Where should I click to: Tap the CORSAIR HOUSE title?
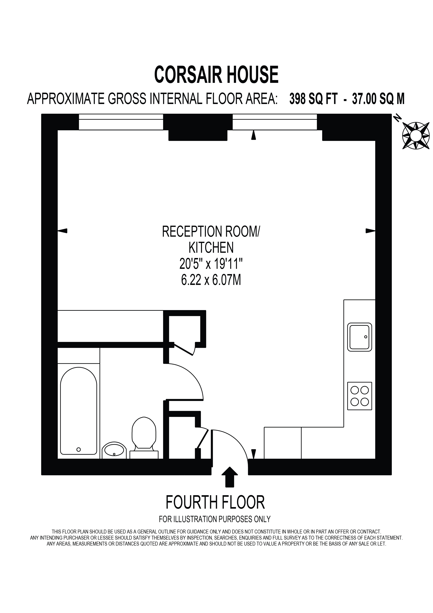click(216, 75)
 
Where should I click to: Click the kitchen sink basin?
click(359, 337)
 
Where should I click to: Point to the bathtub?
click(79, 411)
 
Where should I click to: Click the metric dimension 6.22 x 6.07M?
click(211, 280)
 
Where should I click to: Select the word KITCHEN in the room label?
click(211, 248)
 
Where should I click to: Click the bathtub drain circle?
click(78, 449)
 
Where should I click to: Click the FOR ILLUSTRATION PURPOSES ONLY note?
click(215, 519)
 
